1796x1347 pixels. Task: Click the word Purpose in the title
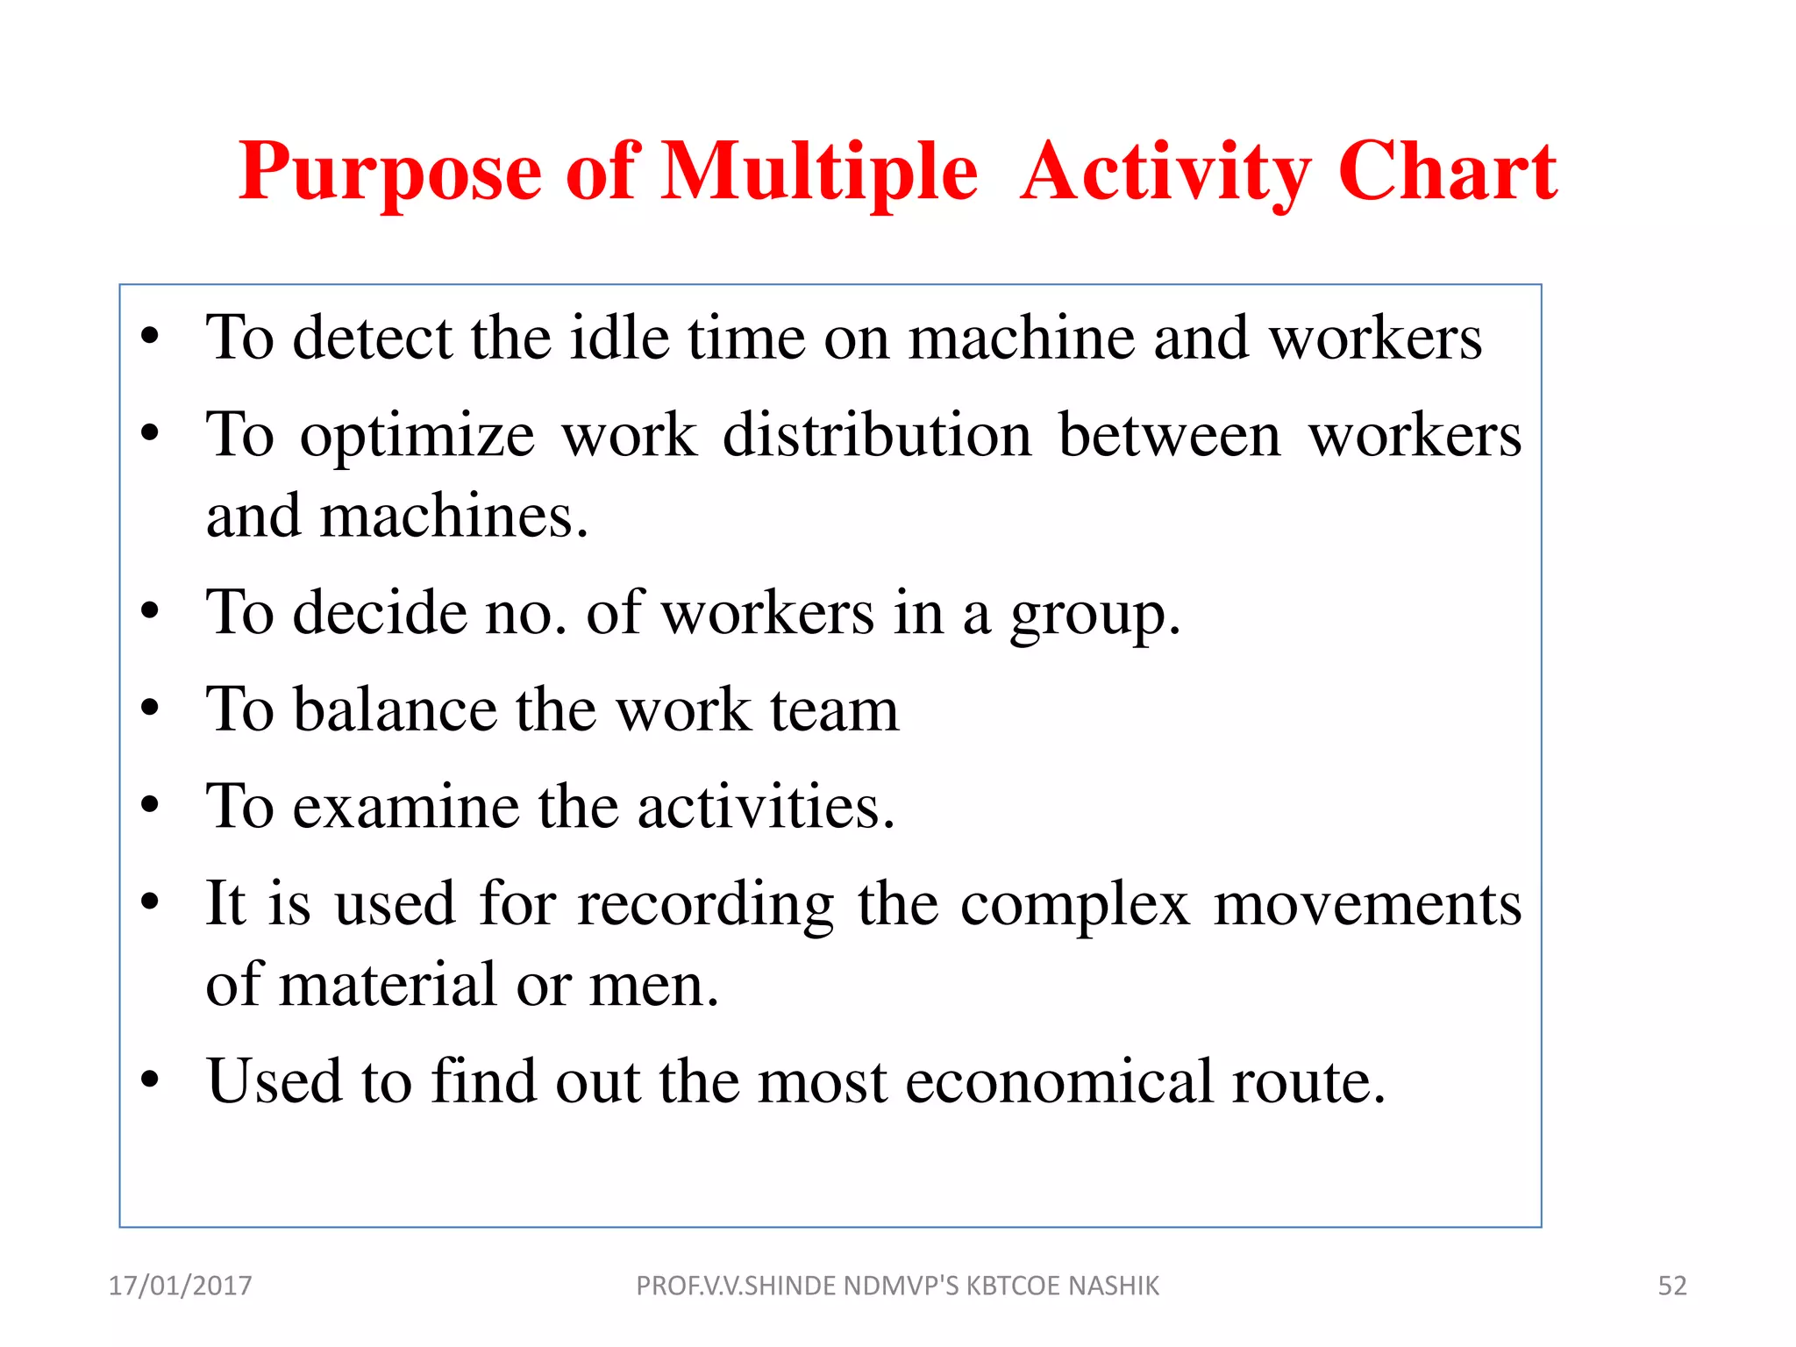click(390, 173)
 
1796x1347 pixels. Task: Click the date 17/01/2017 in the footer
click(180, 1286)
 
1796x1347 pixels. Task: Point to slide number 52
click(1671, 1286)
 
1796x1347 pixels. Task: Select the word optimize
click(417, 437)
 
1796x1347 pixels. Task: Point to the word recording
click(705, 905)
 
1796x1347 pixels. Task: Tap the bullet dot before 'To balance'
click(150, 708)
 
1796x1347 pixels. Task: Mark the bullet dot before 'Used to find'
click(150, 1080)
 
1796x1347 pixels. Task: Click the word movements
click(1367, 905)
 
